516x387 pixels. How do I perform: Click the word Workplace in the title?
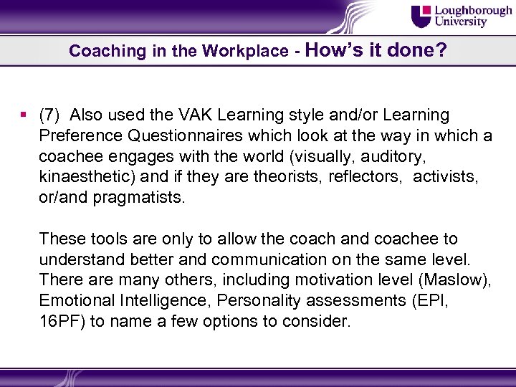point(244,52)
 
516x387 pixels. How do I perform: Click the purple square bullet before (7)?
point(25,115)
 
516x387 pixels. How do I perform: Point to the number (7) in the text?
point(51,115)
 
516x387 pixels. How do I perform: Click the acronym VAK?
point(188,115)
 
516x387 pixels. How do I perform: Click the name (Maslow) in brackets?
point(455,280)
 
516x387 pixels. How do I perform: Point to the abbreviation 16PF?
point(62,322)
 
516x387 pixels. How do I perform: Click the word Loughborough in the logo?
point(472,11)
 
